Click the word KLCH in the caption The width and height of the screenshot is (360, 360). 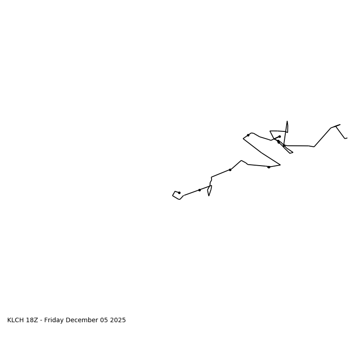click(x=16, y=320)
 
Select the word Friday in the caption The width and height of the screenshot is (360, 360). click(x=55, y=320)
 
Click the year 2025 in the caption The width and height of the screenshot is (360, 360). click(x=117, y=320)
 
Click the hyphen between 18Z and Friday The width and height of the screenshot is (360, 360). click(x=41, y=320)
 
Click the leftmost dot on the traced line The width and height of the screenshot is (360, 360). click(x=179, y=193)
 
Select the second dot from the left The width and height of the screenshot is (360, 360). click(x=199, y=190)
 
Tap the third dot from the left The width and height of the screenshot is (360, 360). click(x=230, y=170)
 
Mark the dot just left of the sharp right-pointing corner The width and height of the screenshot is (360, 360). click(x=269, y=167)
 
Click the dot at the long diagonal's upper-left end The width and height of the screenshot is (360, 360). click(x=248, y=135)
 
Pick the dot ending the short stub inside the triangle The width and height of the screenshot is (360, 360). click(x=279, y=136)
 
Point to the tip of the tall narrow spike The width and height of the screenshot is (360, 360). click(x=287, y=121)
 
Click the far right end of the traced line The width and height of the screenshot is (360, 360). click(x=347, y=138)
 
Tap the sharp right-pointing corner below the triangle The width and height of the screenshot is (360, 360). click(x=280, y=165)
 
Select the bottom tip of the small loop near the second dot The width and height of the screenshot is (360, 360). click(x=209, y=196)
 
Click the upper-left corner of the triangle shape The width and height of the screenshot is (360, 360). click(x=270, y=131)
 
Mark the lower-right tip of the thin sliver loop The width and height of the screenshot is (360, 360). click(x=292, y=153)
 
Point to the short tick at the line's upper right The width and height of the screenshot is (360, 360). click(x=337, y=126)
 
